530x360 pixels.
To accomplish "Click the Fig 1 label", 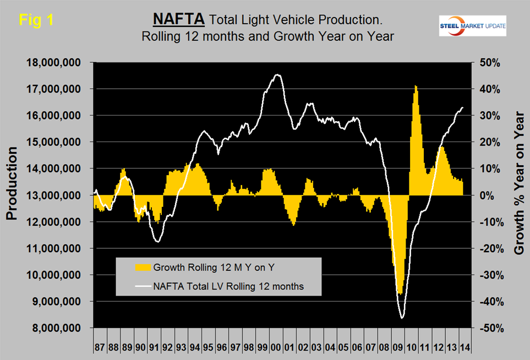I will (36, 21).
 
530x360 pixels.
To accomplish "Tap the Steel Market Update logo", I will (473, 26).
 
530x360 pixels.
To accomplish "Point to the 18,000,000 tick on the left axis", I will (57, 63).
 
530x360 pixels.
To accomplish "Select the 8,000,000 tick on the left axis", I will (59, 328).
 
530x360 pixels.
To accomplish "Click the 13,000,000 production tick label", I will (57, 195).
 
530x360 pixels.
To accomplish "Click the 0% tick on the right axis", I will (489, 195).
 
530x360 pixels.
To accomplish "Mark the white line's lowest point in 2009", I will (402, 318).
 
